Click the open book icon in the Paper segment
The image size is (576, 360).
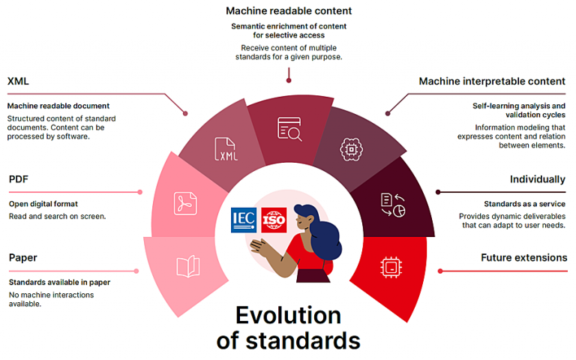[187, 266]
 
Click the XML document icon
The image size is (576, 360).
[227, 148]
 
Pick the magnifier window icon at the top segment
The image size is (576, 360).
[289, 129]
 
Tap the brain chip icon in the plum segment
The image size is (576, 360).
[349, 148]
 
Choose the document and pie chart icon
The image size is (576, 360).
[392, 205]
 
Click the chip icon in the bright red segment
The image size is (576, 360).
[390, 266]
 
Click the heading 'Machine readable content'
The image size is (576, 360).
[289, 11]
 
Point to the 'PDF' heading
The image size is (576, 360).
[19, 180]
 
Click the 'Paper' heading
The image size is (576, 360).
[22, 257]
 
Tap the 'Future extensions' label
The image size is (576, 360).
[523, 257]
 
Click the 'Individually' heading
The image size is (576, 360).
[537, 179]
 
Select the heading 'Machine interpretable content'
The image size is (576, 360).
[492, 81]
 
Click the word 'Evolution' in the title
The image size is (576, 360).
[288, 314]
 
